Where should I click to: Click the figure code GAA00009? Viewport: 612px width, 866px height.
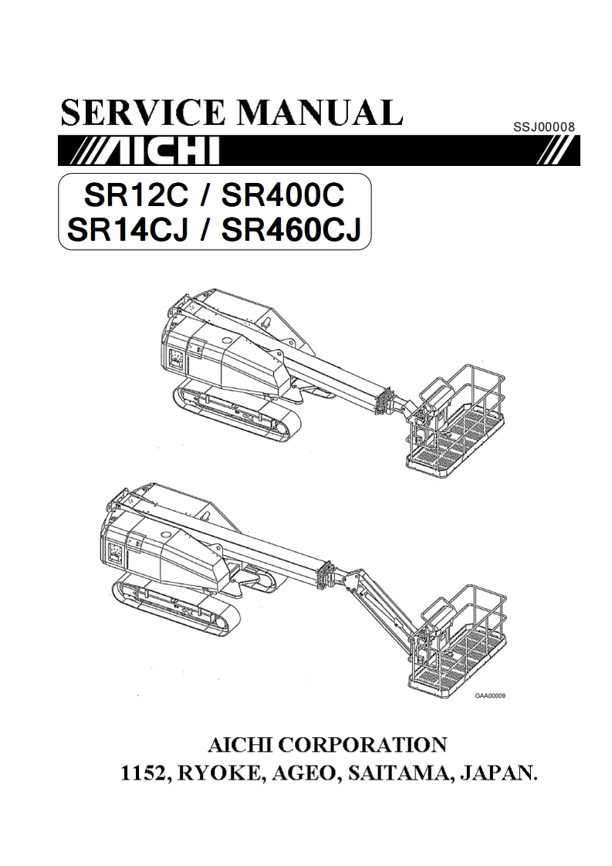coord(490,695)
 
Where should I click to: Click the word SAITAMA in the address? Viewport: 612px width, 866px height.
coord(394,773)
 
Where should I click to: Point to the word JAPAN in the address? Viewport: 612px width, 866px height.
coord(493,773)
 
